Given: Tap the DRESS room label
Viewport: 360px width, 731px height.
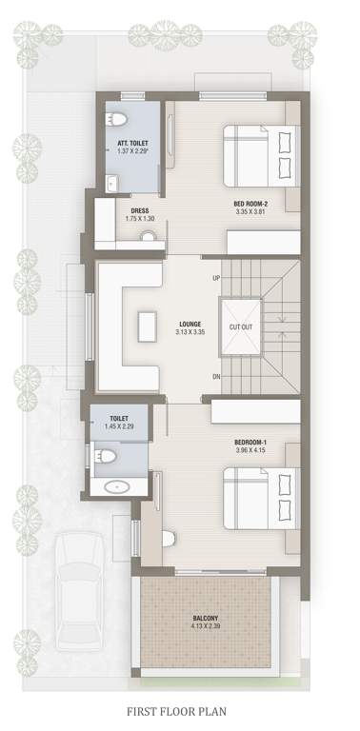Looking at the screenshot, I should (139, 211).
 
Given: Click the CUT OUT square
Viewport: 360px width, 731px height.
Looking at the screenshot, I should (241, 326).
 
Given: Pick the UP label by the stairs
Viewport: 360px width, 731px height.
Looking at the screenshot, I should (216, 278).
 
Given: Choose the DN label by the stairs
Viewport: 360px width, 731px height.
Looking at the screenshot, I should (216, 376).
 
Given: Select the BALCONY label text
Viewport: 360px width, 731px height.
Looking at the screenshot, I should (205, 618).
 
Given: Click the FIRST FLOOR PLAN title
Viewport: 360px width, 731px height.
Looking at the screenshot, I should (180, 710).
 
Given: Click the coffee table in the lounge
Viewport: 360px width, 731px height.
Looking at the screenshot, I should (146, 327).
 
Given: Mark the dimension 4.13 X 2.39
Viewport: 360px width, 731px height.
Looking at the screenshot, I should (205, 626).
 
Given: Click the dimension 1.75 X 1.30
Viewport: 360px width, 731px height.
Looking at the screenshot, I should (139, 219).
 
